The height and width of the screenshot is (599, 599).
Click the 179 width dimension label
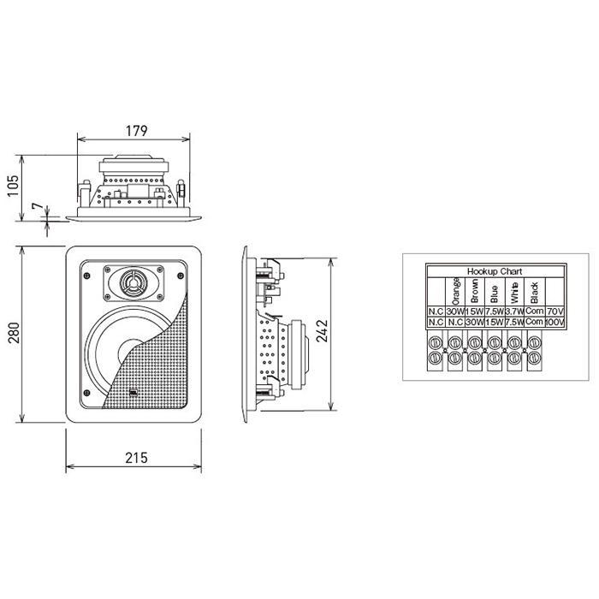(136, 131)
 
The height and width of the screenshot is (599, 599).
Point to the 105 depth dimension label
(14, 186)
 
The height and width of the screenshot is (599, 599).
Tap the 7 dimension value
(38, 206)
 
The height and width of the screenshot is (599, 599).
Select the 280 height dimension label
(14, 333)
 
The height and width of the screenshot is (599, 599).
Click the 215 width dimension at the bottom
(136, 458)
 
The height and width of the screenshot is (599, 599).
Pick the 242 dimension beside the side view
(322, 331)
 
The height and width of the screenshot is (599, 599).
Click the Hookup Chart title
(495, 271)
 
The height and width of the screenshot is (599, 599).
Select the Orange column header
(455, 291)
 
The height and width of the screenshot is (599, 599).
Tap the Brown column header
(475, 291)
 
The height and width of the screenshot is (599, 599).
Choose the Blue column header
(495, 294)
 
